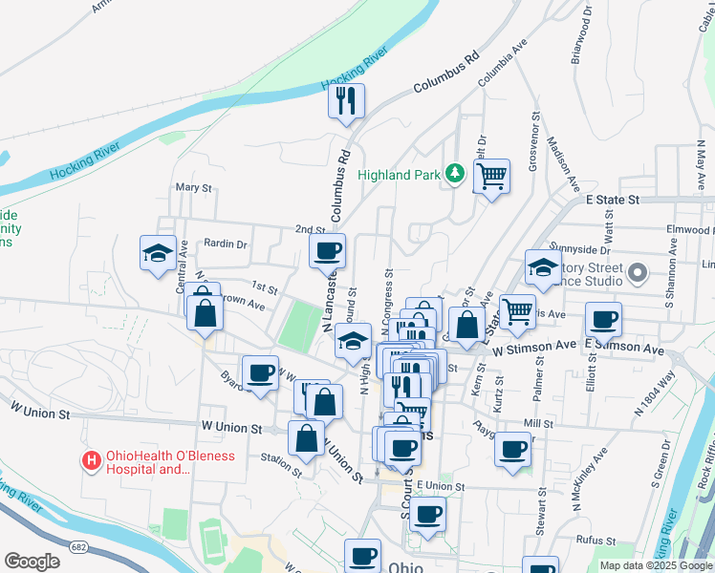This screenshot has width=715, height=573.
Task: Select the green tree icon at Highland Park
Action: click(456, 173)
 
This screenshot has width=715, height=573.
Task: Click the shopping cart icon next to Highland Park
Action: click(490, 176)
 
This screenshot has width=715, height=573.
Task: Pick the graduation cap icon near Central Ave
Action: click(158, 253)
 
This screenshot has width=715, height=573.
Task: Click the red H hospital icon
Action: click(93, 461)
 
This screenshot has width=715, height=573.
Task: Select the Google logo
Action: click(32, 562)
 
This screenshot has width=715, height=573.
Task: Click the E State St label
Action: click(611, 200)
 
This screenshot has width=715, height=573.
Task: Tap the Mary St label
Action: click(193, 188)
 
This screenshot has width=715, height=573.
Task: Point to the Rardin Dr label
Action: click(225, 244)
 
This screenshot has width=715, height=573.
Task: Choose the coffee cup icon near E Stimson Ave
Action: click(603, 319)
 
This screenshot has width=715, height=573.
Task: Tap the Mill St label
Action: click(538, 423)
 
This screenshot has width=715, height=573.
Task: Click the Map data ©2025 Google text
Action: click(656, 565)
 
